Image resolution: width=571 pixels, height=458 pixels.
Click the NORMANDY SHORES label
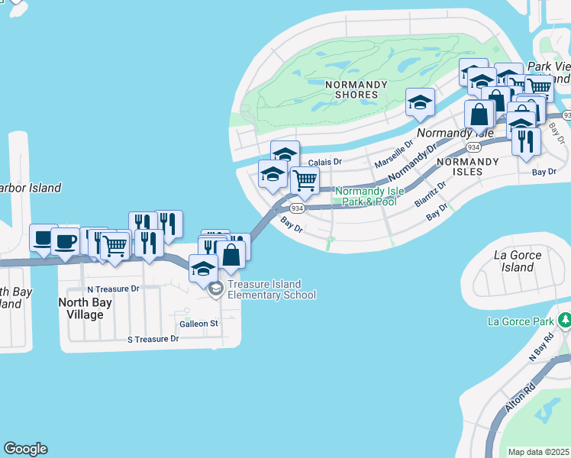[351, 89]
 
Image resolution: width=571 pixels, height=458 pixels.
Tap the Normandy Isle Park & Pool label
[366, 196]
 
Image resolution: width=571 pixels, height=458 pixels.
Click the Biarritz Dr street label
[430, 194]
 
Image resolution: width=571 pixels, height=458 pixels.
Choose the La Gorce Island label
[518, 261]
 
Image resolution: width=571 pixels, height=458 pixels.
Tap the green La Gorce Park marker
[564, 319]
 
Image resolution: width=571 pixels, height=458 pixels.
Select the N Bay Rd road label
[541, 347]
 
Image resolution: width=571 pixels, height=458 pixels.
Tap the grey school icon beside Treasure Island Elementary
[216, 289]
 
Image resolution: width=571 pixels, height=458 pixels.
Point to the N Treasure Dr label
[113, 289]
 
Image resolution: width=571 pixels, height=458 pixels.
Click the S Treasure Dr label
[153, 338]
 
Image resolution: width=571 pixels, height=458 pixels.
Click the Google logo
[25, 449]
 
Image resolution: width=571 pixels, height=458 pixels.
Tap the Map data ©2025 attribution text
[539, 452]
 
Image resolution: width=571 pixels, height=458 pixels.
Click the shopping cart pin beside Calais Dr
[305, 181]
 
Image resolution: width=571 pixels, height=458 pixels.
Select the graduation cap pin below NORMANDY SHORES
[420, 102]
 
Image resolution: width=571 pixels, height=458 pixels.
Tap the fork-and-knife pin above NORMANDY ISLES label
[526, 141]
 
